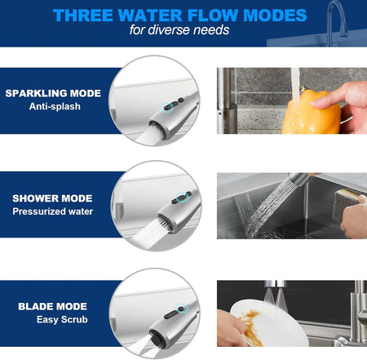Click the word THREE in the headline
click(x=83, y=15)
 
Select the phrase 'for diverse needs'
click(x=179, y=29)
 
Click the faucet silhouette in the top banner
click(x=337, y=22)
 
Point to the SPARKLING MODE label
click(x=53, y=93)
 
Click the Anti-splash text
click(x=55, y=106)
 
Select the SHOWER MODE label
click(x=52, y=198)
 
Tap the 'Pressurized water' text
click(x=53, y=211)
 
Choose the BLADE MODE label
click(x=53, y=306)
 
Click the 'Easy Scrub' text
click(x=62, y=319)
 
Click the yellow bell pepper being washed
click(x=311, y=113)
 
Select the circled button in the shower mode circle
click(x=183, y=198)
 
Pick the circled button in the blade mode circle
click(x=182, y=309)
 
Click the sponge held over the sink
click(x=348, y=204)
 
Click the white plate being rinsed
click(x=269, y=323)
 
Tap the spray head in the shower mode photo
click(x=298, y=180)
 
